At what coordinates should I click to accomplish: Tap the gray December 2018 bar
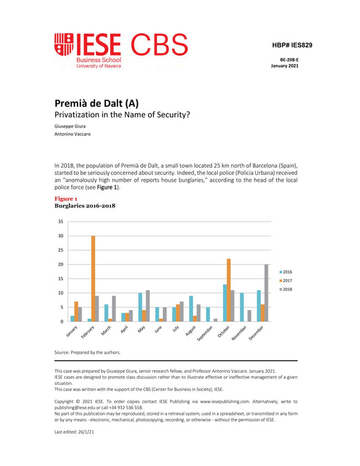pos(267,292)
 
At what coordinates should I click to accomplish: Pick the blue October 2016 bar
pos(224,303)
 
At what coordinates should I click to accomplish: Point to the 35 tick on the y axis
pos(61,222)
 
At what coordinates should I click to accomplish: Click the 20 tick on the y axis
pos(61,264)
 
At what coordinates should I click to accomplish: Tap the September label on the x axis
pos(207,332)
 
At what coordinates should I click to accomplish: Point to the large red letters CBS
pos(159,45)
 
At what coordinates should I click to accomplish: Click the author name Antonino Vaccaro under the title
pos(74,134)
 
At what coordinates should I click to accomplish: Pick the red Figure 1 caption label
pos(66,199)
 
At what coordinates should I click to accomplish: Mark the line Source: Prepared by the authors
pos(87,353)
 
